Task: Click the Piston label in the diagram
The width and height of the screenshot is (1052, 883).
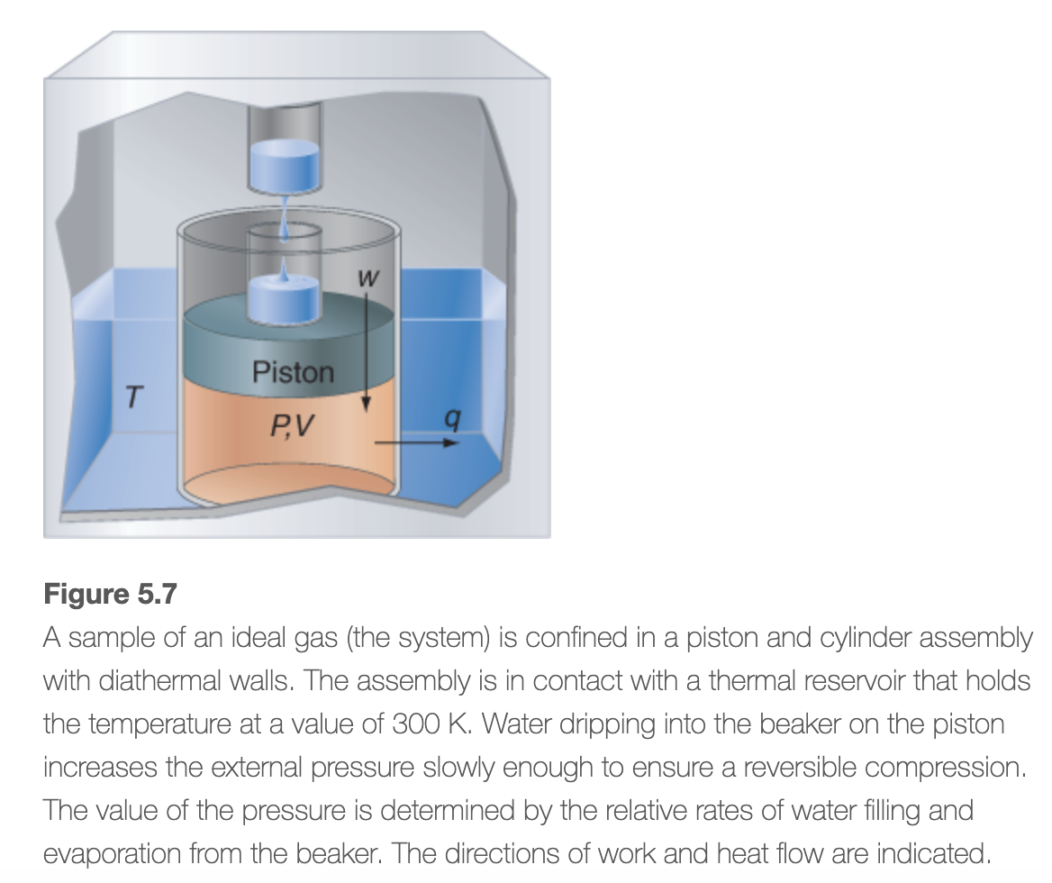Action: (293, 371)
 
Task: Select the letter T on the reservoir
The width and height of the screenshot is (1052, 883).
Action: (133, 396)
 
